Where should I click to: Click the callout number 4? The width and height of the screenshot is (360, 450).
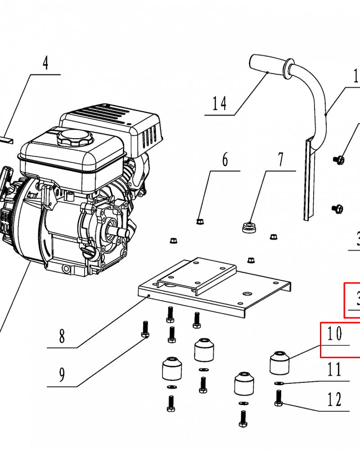45,63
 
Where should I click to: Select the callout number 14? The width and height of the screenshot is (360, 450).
220,104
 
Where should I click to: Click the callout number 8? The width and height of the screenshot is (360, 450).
62,336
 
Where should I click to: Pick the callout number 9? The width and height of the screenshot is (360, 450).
62,373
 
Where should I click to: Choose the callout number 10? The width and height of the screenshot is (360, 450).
335,333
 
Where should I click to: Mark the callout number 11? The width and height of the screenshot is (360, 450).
334,370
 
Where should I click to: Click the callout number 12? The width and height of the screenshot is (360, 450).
334,399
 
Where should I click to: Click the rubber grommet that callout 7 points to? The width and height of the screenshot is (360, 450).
249,227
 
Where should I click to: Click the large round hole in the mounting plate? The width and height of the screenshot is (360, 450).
247,293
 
